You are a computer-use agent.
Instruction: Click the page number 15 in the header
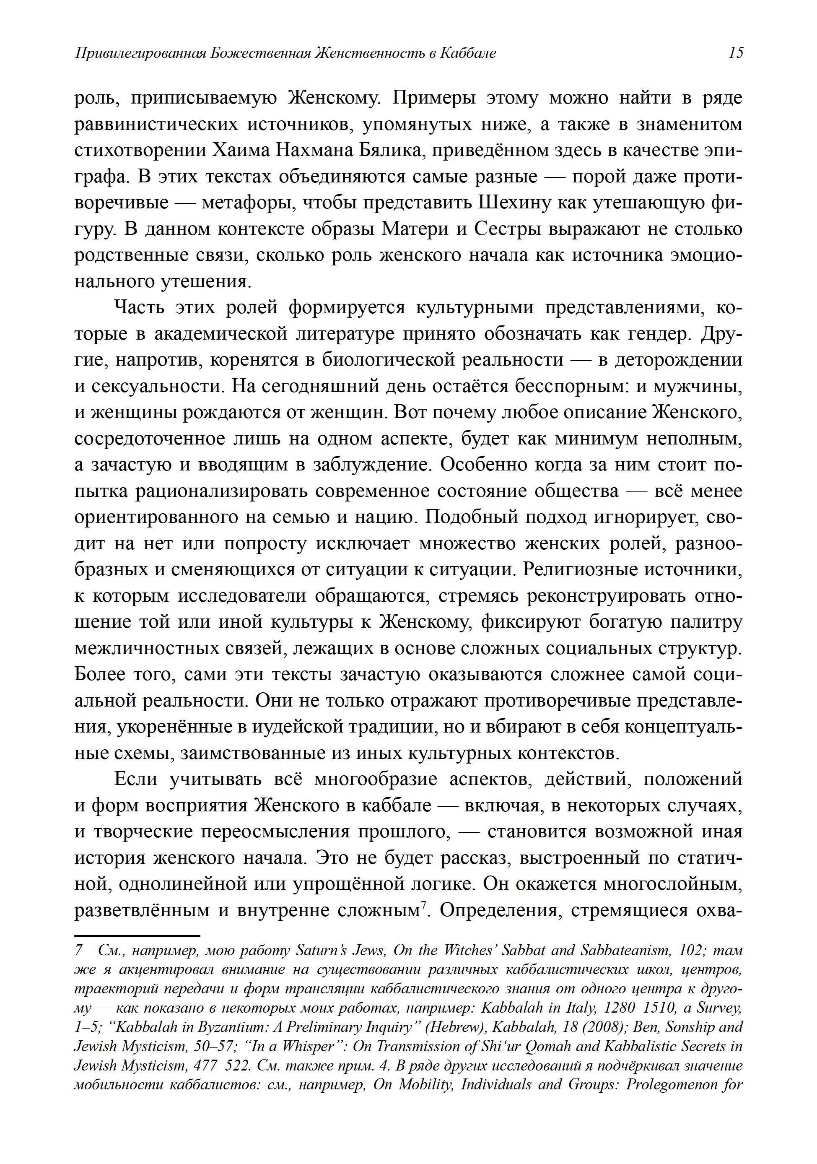point(735,53)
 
